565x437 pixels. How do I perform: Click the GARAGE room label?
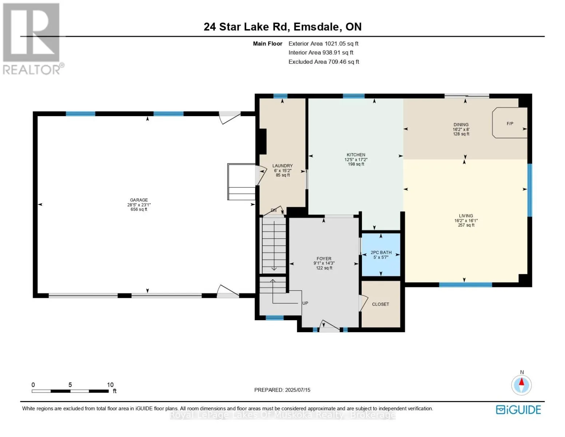139,200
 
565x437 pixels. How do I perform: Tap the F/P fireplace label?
510,123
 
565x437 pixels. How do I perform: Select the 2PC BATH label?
381,252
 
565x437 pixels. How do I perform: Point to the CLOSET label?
381,304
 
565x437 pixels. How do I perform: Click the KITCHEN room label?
356,155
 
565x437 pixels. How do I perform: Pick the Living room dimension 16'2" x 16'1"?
466,220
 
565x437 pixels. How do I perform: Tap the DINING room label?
461,125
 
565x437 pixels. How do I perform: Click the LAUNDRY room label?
282,166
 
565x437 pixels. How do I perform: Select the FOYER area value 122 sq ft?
324,268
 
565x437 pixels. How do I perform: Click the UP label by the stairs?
305,303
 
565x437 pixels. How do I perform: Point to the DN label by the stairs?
274,210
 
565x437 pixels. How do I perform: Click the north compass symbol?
521,385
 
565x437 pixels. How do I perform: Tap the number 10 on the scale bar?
110,385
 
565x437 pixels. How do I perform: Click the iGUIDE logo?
518,410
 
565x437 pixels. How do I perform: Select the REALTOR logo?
33,39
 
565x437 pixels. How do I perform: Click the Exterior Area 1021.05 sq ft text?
323,44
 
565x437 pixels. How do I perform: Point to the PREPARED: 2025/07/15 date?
282,390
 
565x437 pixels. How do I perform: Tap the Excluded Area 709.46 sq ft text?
324,62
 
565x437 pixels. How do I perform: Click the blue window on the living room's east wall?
530,190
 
